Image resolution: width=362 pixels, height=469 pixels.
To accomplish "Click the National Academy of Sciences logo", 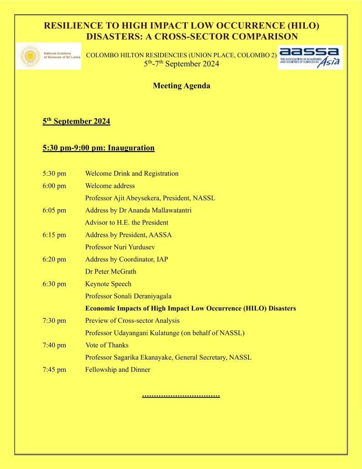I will click(49, 56).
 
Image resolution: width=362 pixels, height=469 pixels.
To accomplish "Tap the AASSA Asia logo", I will click(310, 57).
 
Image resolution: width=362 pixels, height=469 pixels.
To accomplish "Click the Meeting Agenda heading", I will click(181, 86).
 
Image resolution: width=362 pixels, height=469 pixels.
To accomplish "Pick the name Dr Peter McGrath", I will click(111, 272).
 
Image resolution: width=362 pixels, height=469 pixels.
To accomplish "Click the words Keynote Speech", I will click(108, 284).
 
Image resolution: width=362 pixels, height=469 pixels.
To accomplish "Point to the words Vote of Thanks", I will click(107, 345).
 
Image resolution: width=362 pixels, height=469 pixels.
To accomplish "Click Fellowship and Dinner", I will click(118, 370).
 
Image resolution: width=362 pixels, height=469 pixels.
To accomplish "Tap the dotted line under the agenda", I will click(181, 394).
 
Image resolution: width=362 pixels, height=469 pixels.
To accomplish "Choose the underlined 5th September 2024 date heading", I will click(76, 122).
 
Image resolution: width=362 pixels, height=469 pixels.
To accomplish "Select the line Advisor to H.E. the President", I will click(127, 223).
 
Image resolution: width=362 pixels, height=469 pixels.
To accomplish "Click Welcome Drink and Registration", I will click(132, 174).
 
